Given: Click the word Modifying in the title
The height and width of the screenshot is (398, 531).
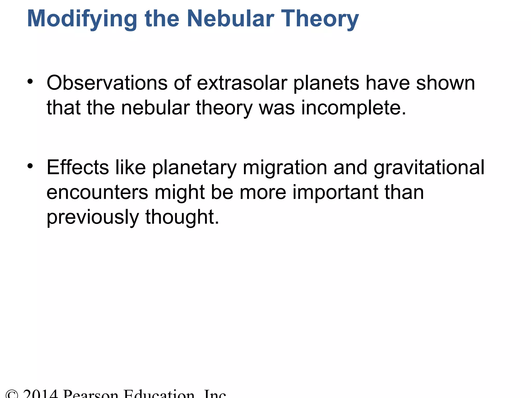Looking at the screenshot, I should point(82,19).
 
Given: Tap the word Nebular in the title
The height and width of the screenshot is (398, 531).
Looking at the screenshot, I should point(230,19).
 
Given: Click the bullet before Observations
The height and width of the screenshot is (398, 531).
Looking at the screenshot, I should point(30,82).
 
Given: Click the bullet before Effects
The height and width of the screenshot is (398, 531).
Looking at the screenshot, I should point(30,166).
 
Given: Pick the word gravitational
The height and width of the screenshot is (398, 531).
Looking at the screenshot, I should point(429,167).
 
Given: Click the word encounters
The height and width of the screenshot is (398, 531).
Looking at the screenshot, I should point(97,192).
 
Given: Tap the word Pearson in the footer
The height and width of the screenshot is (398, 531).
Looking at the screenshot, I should point(91,394).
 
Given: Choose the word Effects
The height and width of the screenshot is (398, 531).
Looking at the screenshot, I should point(78,167).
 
